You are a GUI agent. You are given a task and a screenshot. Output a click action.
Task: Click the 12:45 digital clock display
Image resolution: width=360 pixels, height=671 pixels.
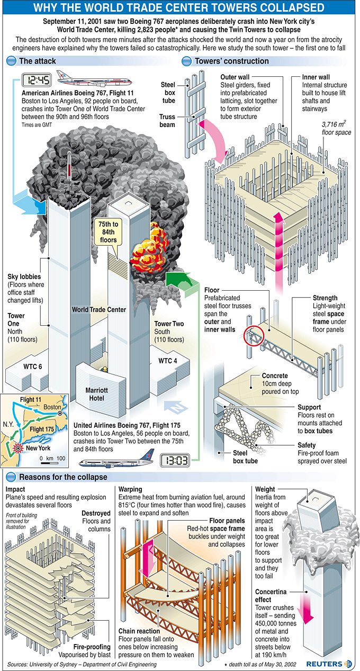36,80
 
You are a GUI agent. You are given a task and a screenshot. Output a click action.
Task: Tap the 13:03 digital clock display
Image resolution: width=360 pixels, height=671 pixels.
175,460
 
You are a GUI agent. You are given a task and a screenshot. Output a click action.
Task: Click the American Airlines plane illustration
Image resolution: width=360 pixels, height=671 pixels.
94,78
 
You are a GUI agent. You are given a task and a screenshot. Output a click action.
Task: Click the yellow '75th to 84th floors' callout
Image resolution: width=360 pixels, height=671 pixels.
108,232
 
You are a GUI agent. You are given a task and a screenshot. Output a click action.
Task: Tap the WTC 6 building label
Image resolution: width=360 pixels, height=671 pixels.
33,366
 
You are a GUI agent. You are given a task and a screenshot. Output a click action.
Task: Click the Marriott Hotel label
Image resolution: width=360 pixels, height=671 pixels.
96,394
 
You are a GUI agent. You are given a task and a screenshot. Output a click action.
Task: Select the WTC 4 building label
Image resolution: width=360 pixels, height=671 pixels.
167,361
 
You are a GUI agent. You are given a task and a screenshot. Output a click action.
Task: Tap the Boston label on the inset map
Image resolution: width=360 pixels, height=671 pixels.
52,407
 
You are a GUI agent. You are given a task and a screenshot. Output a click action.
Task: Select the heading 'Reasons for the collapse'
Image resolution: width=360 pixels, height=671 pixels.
63,477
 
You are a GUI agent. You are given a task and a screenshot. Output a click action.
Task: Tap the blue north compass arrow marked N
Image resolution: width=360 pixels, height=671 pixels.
176,407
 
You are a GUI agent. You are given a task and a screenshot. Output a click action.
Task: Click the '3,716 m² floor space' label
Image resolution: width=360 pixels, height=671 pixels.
336,128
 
